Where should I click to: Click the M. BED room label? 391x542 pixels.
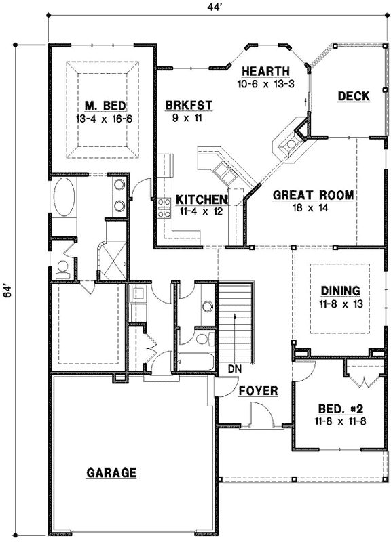coord(101,106)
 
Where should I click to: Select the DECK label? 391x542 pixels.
coord(354,96)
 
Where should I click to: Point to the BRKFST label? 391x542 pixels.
coord(189,105)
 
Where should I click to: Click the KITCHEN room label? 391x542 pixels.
coord(201,200)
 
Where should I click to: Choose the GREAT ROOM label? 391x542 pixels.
coord(313,196)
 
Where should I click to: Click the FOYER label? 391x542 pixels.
coord(258,391)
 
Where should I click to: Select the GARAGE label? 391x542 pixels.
coord(111,472)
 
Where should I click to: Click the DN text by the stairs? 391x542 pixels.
coord(234,370)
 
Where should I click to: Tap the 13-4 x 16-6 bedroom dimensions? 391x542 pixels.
coord(101,118)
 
